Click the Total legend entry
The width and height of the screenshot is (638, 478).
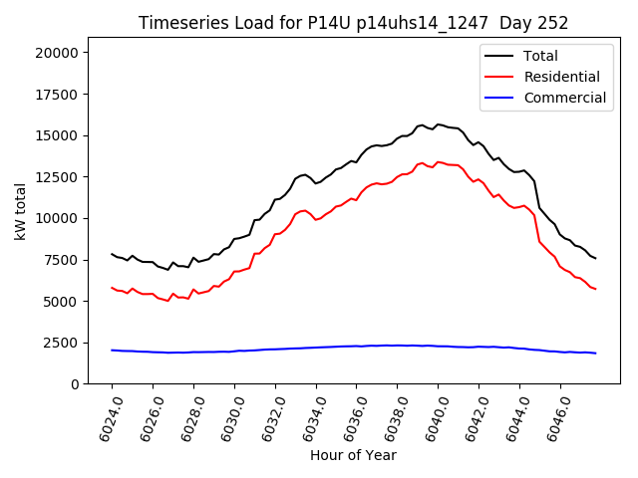tap(540, 56)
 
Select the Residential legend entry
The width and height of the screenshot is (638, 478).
tap(561, 77)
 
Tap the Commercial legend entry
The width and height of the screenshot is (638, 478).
tap(564, 98)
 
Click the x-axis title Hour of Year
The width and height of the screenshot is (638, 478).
tap(353, 455)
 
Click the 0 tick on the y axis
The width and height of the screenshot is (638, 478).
tap(78, 383)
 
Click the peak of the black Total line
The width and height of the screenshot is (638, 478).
tap(438, 124)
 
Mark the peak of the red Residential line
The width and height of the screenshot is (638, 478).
tap(438, 161)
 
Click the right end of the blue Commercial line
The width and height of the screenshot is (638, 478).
tap(595, 354)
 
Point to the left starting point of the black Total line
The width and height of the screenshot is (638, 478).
tap(112, 254)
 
